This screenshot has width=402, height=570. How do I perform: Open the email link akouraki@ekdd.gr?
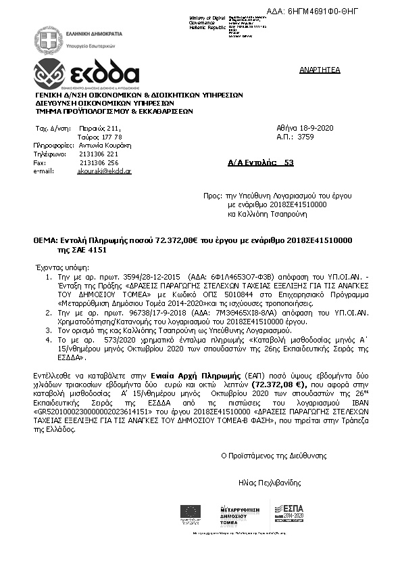coord(105,172)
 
